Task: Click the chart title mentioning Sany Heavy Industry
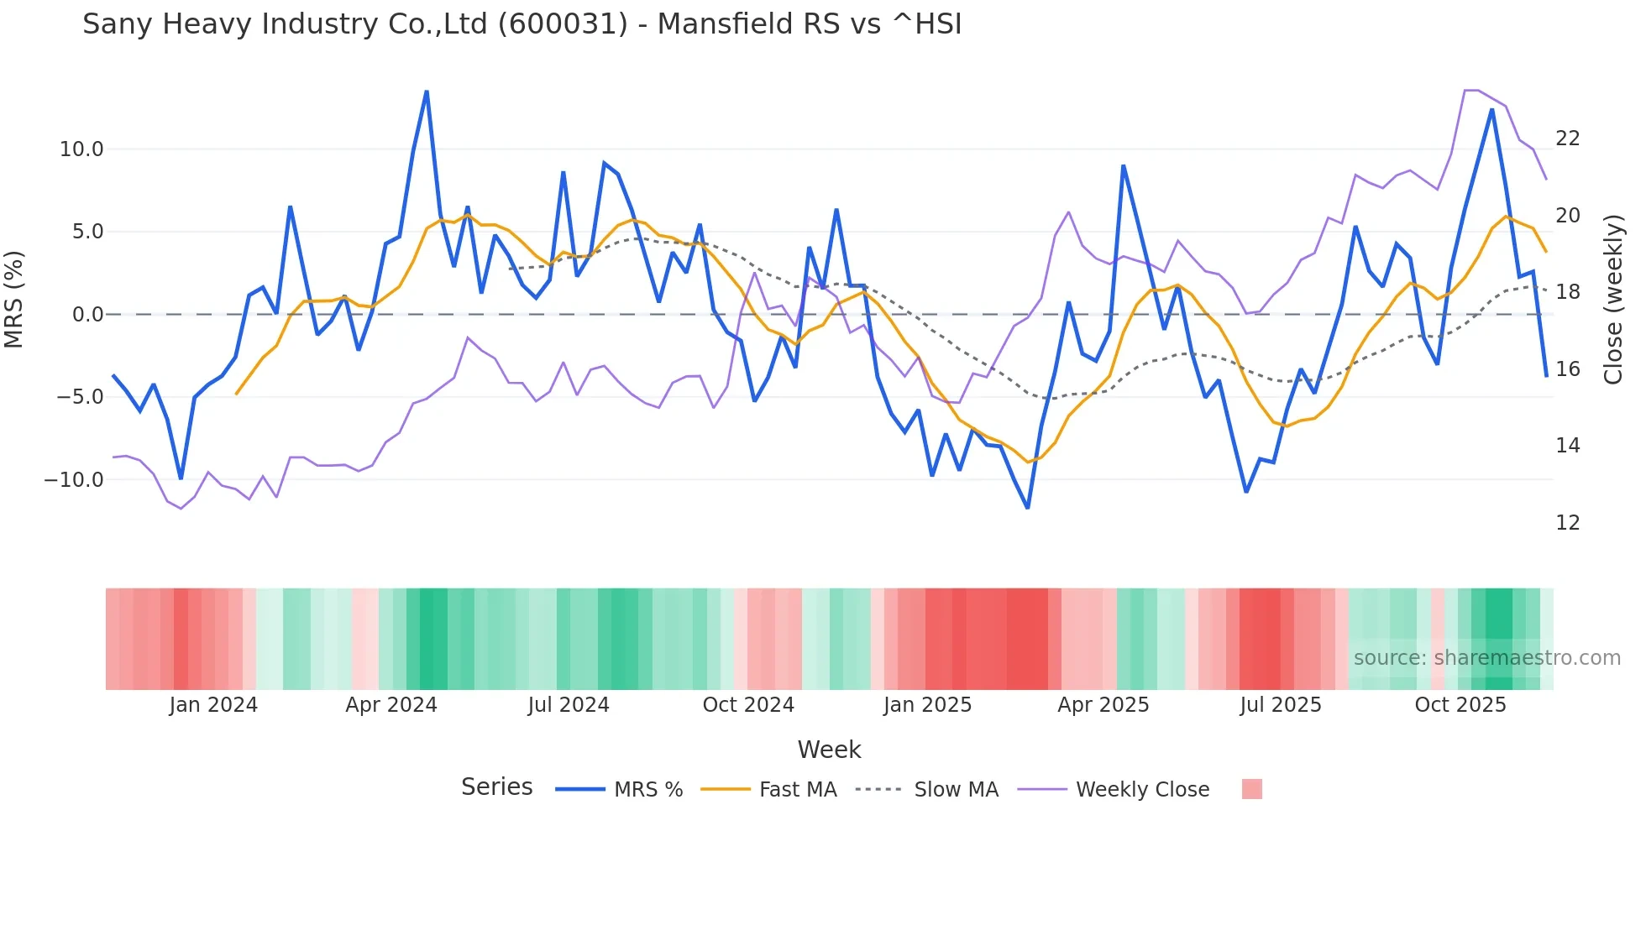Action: coord(522,24)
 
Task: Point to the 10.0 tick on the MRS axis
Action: coord(81,149)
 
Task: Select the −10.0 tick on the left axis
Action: coord(74,480)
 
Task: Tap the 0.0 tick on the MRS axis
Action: coord(87,315)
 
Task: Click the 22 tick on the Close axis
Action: coord(1567,138)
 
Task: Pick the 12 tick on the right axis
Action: coord(1567,523)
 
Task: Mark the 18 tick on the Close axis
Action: coord(1567,292)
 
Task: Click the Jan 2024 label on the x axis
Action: coord(213,705)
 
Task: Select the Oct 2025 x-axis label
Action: coord(1460,705)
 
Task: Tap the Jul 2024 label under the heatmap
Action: coord(569,705)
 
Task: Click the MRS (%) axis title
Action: coord(14,299)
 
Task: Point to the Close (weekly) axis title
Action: coord(1613,300)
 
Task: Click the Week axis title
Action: coord(829,750)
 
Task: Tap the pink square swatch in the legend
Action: coord(1251,789)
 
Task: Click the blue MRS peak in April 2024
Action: coord(427,91)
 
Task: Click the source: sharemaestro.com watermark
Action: coord(1486,658)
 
